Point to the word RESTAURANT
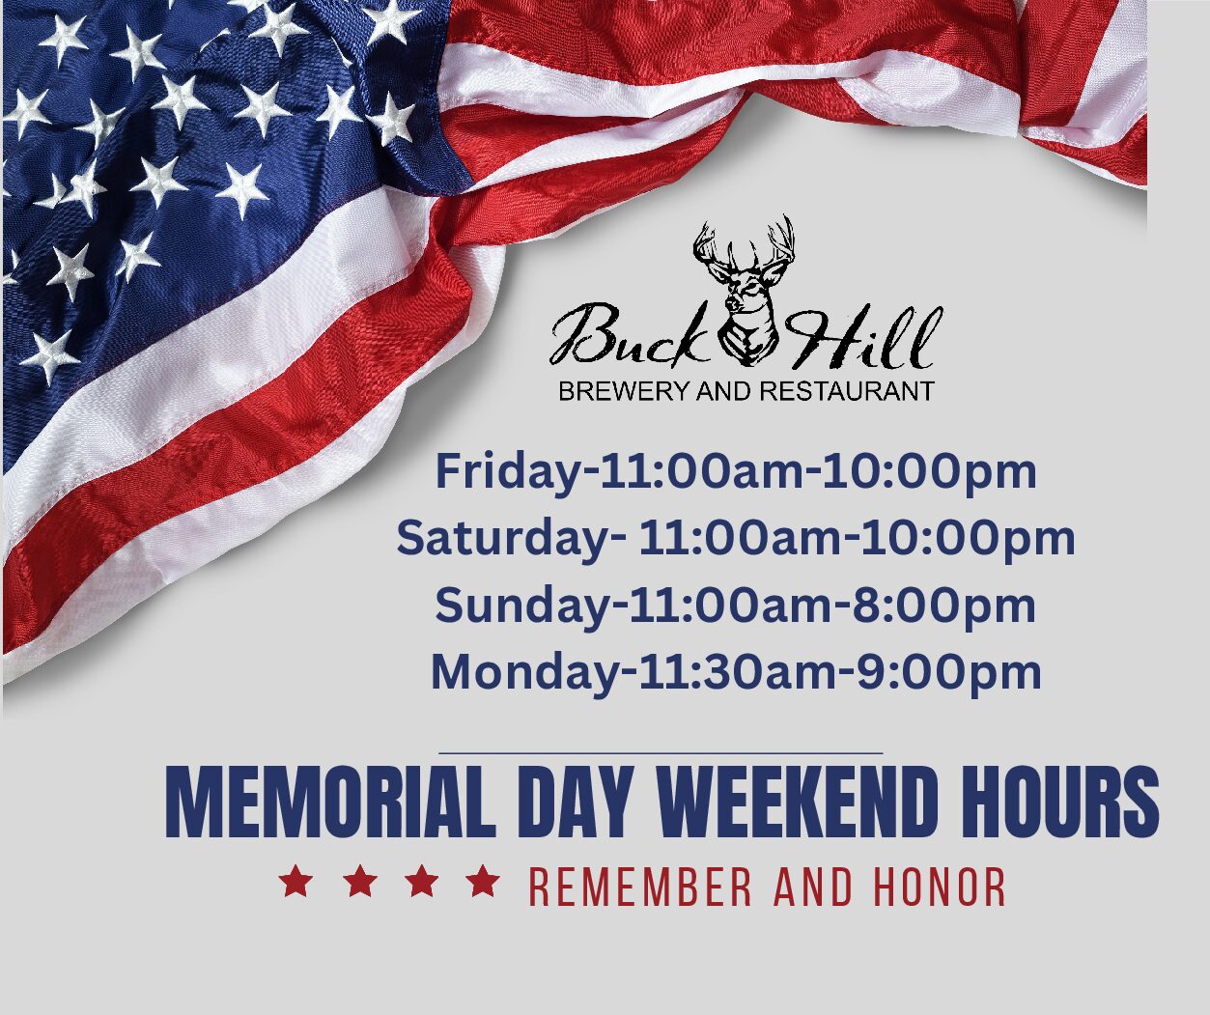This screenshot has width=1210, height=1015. (x=847, y=391)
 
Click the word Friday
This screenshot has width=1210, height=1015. (x=508, y=473)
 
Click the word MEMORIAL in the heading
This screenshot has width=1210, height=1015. (x=331, y=803)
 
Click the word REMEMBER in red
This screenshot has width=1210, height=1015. (x=640, y=887)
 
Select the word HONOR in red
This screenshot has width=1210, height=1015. (x=940, y=887)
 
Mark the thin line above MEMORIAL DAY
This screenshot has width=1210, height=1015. (x=661, y=753)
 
